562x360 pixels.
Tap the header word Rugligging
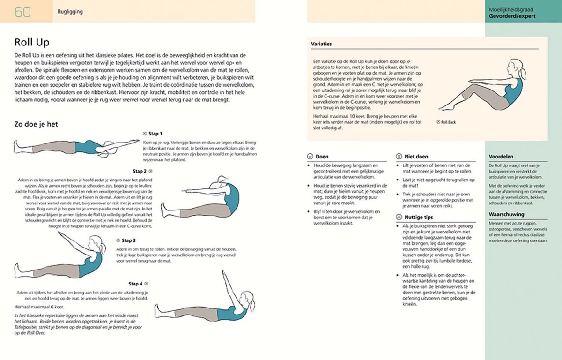(x=70, y=12)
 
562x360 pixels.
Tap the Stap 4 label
(x=136, y=284)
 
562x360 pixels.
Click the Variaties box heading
(x=322, y=44)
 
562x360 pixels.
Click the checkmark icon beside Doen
(x=310, y=157)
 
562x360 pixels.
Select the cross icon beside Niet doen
(x=399, y=157)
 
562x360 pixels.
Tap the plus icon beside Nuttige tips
(x=399, y=217)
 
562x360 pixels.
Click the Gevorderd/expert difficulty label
(x=512, y=15)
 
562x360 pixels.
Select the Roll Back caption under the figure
(x=448, y=122)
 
